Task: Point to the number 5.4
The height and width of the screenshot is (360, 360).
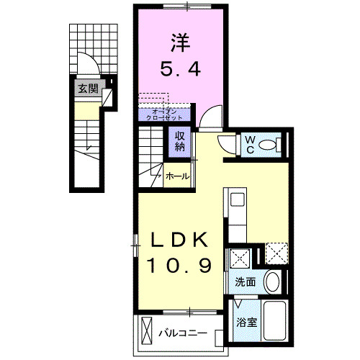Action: tap(185, 70)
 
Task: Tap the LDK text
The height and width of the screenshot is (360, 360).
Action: tap(180, 240)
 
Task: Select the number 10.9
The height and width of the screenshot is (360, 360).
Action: tap(180, 266)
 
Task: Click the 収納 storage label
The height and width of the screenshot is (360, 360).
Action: tap(179, 142)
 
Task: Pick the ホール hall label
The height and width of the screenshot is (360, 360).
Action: tap(178, 176)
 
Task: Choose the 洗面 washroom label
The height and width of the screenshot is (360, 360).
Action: tap(245, 282)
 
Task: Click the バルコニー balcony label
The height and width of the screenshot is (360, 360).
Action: tap(184, 333)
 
